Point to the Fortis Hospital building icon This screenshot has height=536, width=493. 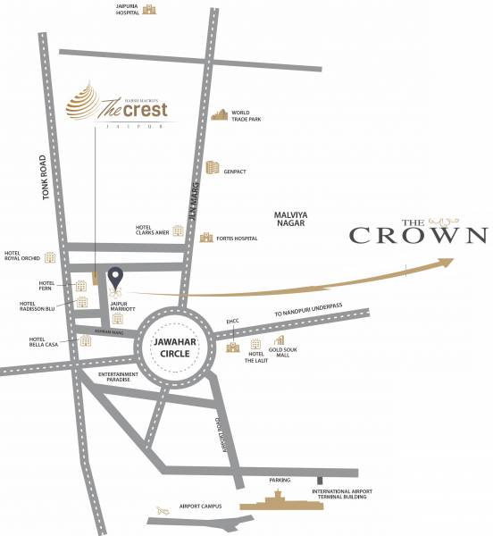point(207,239)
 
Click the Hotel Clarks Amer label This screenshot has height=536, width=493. point(152,230)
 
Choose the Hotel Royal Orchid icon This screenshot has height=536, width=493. point(51,257)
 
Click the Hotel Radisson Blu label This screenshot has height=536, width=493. point(39,306)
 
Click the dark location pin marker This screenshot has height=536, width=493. point(115,277)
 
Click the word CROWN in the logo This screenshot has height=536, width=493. point(417,236)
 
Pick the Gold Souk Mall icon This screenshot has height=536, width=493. point(280,341)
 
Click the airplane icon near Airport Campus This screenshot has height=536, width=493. point(163,509)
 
